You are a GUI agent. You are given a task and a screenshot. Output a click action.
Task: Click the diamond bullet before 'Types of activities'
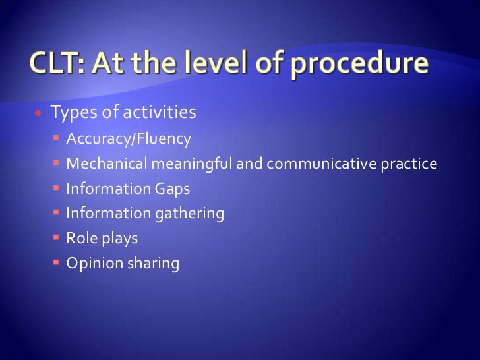[38, 113]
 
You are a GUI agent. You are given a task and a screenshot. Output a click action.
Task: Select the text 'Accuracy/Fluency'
[129, 139]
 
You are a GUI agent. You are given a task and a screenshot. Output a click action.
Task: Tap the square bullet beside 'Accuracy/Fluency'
[57, 139]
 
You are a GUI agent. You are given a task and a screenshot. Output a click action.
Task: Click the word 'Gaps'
[172, 189]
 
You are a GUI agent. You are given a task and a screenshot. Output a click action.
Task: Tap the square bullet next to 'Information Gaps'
[57, 189]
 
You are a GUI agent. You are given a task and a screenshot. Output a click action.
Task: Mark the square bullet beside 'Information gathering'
[57, 214]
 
